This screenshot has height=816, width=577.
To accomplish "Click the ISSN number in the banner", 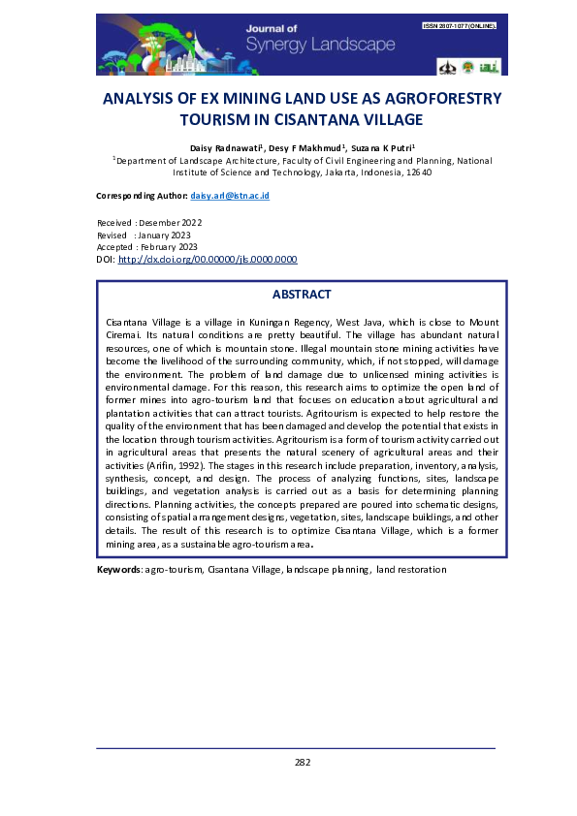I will coord(459,26).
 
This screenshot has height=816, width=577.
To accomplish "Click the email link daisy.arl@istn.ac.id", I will coord(230,196).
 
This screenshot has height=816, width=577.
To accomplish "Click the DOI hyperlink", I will coord(207,260).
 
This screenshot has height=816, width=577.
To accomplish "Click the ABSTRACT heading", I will coord(302,295).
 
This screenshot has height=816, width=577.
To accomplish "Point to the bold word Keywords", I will coord(119,570).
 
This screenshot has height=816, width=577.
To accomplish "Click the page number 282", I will coord(302,762).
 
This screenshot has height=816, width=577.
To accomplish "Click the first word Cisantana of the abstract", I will coord(127,320).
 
